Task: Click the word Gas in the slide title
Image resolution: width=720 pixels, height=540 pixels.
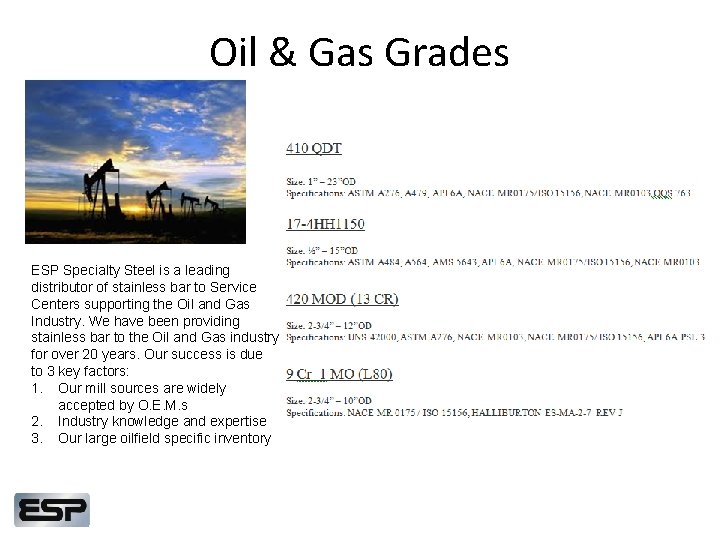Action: click(331, 52)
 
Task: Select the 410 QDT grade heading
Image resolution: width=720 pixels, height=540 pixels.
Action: click(314, 148)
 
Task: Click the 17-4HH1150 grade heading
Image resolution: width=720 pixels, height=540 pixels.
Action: click(326, 224)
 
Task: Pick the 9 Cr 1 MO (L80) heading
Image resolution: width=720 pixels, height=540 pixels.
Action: click(339, 374)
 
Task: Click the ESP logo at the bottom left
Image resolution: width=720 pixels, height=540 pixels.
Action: click(52, 510)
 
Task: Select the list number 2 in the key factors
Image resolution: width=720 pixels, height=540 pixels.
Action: click(37, 422)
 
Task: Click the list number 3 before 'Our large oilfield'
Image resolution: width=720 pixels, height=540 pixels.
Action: click(37, 439)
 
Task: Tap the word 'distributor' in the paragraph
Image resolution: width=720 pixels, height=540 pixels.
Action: click(64, 287)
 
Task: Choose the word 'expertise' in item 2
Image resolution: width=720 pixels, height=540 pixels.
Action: click(237, 422)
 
